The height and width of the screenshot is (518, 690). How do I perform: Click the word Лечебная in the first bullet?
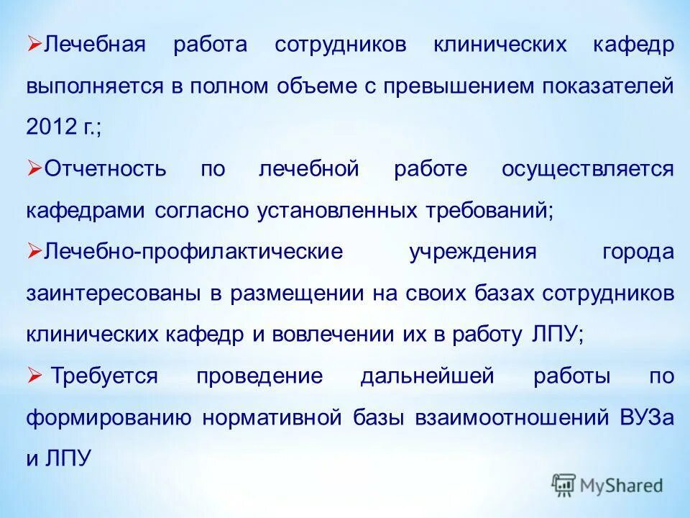(x=96, y=45)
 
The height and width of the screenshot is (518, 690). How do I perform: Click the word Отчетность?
(x=106, y=170)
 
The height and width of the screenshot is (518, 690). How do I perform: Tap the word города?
(x=638, y=253)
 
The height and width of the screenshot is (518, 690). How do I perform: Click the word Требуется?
(x=105, y=377)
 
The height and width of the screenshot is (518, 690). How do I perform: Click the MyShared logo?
(x=607, y=485)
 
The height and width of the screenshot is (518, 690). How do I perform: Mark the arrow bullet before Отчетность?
(x=34, y=168)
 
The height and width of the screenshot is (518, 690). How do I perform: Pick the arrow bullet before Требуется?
(x=34, y=376)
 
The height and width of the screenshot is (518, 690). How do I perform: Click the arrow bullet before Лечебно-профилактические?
(x=34, y=251)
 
